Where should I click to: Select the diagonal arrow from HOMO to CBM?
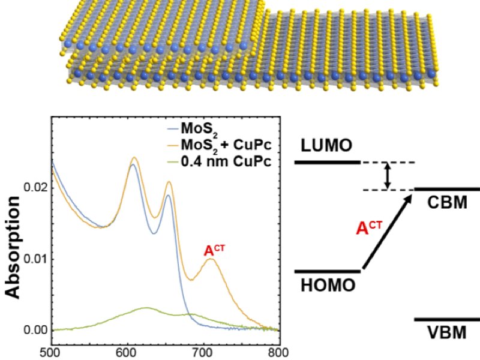coord(387,230)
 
